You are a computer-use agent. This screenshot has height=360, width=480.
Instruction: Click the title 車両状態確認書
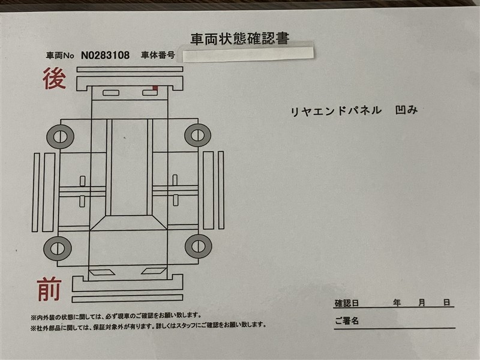click(239, 39)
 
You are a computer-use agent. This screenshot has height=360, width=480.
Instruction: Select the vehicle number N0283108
click(106, 55)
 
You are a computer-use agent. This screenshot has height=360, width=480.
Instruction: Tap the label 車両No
click(60, 55)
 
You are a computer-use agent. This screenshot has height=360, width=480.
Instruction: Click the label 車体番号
click(158, 55)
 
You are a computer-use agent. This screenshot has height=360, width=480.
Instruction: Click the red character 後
click(54, 79)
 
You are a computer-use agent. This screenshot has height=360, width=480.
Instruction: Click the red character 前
click(49, 289)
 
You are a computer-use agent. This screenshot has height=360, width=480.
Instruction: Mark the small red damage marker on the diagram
click(155, 88)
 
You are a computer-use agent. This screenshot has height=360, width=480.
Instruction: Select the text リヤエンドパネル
click(336, 111)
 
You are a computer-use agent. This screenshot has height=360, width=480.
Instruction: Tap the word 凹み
click(406, 110)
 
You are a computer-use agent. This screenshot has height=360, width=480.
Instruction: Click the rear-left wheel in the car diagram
click(61, 137)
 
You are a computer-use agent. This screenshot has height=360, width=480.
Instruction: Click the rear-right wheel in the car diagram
click(198, 135)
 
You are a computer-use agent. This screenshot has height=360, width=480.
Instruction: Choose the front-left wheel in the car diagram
click(58, 248)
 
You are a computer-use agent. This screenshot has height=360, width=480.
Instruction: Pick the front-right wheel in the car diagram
click(199, 247)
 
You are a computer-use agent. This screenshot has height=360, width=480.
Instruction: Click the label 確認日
click(347, 304)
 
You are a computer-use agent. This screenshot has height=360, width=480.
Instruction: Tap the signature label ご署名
click(347, 321)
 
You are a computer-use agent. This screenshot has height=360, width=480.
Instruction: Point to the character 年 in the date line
click(397, 303)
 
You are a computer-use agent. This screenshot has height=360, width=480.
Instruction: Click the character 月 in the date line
click(422, 303)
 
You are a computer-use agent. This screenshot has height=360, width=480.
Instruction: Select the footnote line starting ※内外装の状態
click(116, 316)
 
